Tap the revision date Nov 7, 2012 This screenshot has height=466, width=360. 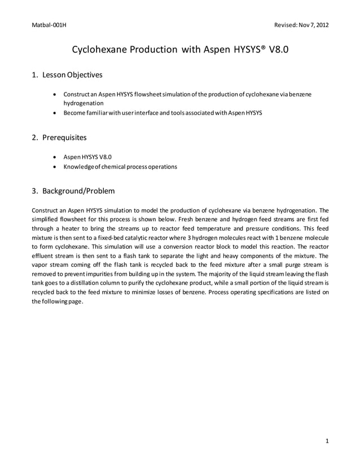point(313,25)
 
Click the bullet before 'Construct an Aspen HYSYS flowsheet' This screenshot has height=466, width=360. point(54,93)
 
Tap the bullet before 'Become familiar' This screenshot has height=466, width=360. point(54,112)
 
